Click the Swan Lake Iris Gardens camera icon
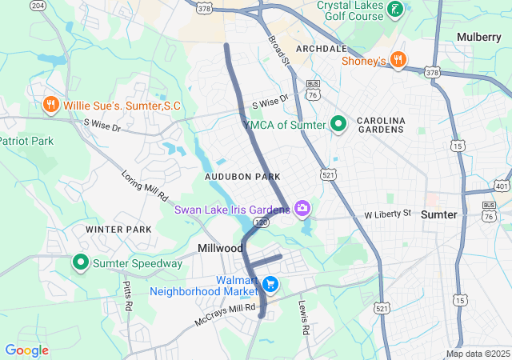[x=302, y=210]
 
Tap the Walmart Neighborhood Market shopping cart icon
[x=270, y=284]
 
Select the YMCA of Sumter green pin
[x=338, y=124]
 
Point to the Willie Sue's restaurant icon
[x=50, y=105]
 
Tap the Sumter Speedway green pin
[x=81, y=262]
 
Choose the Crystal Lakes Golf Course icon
[x=394, y=10]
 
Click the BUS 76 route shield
[x=314, y=90]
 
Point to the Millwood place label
[x=221, y=249]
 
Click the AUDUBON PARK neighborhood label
[x=242, y=175]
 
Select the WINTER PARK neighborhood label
[x=118, y=230]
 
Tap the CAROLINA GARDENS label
[x=381, y=126]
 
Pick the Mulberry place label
[x=478, y=37]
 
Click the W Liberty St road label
[x=387, y=214]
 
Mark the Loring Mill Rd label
[x=144, y=185]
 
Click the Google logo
[x=26, y=350]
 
